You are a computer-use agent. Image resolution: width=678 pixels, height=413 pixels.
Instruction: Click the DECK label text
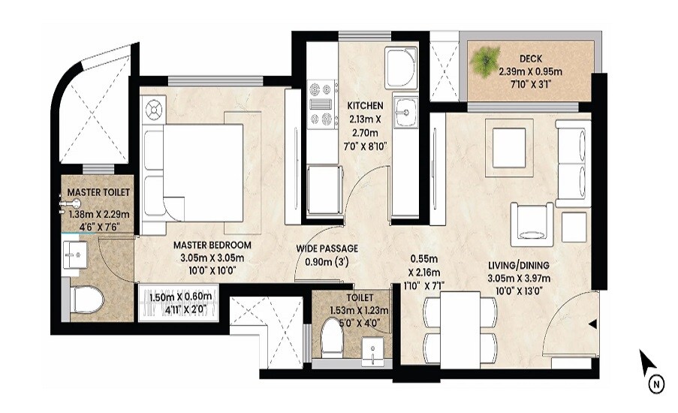[x=531, y=58]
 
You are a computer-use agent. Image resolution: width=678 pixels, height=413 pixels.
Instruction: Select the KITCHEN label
[x=365, y=105]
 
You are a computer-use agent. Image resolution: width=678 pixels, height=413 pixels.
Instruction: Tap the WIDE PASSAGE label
[x=327, y=249]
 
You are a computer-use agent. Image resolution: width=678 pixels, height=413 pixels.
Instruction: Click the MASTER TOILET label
[x=98, y=193]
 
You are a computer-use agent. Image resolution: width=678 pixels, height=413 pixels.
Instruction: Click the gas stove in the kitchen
[x=321, y=103]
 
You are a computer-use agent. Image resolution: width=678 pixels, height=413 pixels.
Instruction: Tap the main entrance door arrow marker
[x=593, y=324]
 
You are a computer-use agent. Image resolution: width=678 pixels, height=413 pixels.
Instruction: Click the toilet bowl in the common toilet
[x=331, y=338]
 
